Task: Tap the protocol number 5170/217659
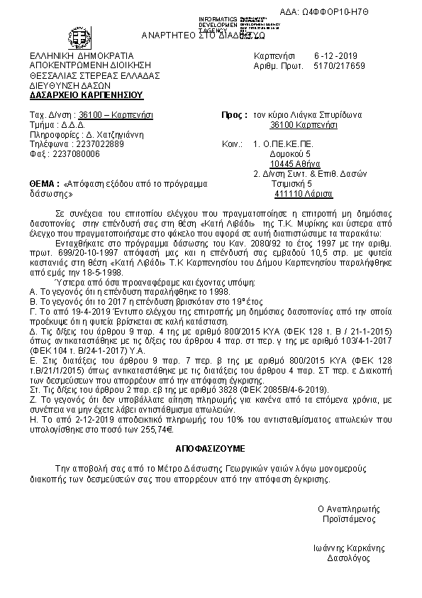[339, 65]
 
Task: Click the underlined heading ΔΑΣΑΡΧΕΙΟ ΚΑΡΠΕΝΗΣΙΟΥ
[87, 94]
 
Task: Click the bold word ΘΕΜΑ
[45, 183]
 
